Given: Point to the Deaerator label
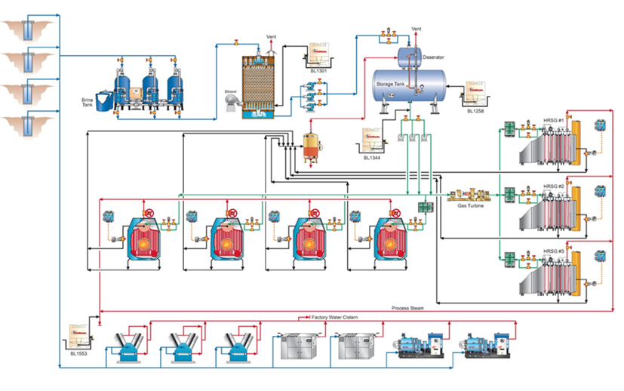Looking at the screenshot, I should pos(433,57).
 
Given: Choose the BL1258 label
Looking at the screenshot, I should pos(475,111).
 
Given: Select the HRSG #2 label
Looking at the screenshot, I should pos(554,186).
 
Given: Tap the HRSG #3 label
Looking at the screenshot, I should pos(554,250).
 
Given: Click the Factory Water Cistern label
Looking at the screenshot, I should pos(335,318).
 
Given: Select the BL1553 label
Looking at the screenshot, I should pos(78,353).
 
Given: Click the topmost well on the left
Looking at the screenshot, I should pos(28,30).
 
